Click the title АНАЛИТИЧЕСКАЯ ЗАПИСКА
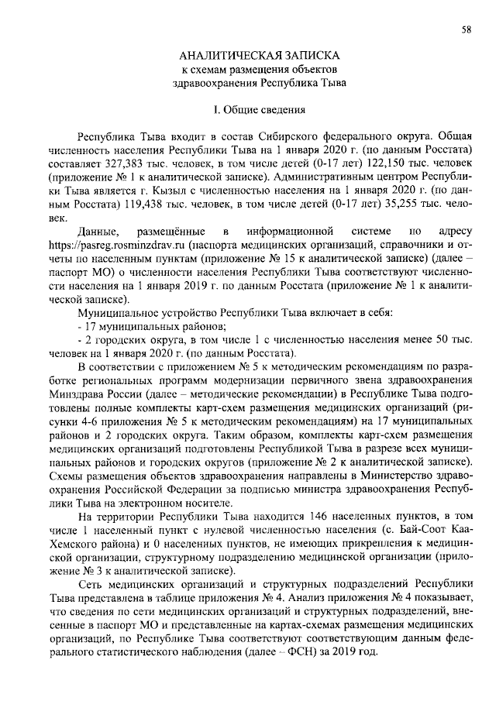tap(259, 57)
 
